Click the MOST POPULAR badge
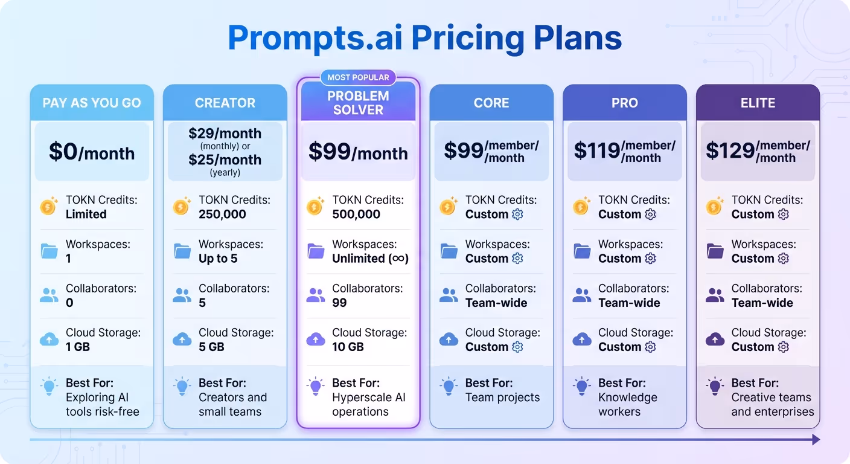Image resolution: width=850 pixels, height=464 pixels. [x=358, y=77]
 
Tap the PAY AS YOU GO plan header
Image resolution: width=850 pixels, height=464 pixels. [x=92, y=103]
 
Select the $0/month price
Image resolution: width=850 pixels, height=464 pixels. [x=92, y=152]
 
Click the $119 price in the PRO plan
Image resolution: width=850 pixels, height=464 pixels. [x=596, y=151]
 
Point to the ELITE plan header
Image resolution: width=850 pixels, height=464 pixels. [x=758, y=103]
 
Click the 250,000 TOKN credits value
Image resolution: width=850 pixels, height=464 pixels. [x=222, y=214]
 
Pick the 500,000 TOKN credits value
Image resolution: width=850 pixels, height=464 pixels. [x=356, y=214]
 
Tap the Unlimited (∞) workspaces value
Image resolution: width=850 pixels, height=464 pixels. [x=370, y=259]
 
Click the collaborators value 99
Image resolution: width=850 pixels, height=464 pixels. [x=339, y=303]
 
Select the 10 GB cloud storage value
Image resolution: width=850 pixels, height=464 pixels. [x=348, y=347]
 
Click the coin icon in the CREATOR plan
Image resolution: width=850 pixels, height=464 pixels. [x=182, y=207]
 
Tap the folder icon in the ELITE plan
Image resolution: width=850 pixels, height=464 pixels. [x=715, y=251]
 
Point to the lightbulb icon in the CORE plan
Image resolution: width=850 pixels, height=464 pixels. [x=449, y=386]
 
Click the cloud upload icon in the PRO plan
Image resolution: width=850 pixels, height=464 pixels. [x=581, y=339]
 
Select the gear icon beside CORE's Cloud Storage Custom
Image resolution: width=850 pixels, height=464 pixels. [x=517, y=347]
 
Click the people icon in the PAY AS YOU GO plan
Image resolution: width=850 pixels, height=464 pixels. [x=49, y=295]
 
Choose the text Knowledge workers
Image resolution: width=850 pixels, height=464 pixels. [x=627, y=404]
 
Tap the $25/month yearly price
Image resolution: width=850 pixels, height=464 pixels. [x=225, y=160]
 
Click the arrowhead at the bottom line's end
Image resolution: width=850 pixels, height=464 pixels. [x=816, y=439]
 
